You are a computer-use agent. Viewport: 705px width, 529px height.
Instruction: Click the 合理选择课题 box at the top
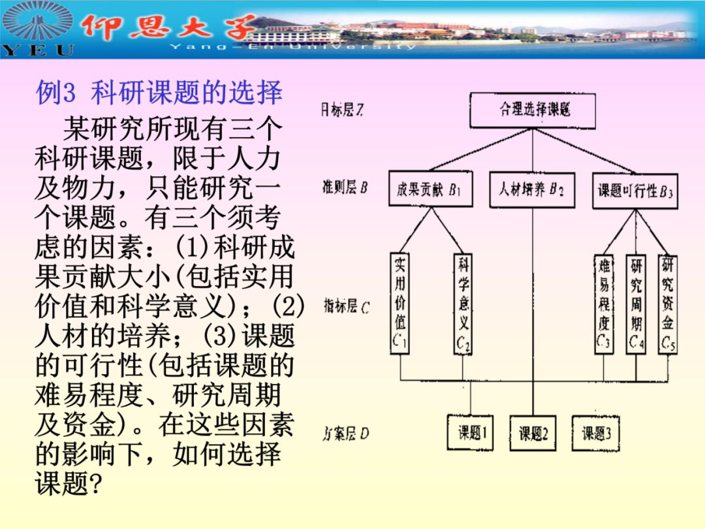[x=533, y=110]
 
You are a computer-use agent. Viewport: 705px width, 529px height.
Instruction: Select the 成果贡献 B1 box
[x=430, y=189]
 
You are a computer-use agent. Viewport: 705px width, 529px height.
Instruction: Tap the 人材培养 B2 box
[x=531, y=190]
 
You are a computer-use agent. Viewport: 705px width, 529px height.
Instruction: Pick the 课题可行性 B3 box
[x=634, y=191]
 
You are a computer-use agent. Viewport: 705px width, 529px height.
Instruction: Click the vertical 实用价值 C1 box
[x=399, y=303]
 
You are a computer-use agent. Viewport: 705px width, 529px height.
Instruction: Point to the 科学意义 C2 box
[x=463, y=304]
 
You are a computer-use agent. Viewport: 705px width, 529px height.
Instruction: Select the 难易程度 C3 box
[x=604, y=304]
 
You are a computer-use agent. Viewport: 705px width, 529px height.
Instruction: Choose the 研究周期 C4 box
[x=636, y=304]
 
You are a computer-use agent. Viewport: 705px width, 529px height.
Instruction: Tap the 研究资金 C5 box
[x=667, y=304]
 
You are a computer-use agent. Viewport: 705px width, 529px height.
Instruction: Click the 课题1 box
[x=470, y=432]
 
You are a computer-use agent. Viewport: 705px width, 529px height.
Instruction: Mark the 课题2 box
[x=533, y=432]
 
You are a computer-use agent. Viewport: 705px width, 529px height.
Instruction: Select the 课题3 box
[x=595, y=432]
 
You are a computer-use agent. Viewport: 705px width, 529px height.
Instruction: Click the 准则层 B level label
[x=345, y=188]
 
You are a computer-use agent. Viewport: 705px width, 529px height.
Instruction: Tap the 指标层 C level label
[x=346, y=306]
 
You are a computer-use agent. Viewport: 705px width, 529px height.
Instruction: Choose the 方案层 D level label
[x=346, y=433]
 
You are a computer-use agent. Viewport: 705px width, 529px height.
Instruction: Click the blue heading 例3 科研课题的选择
[x=159, y=93]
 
